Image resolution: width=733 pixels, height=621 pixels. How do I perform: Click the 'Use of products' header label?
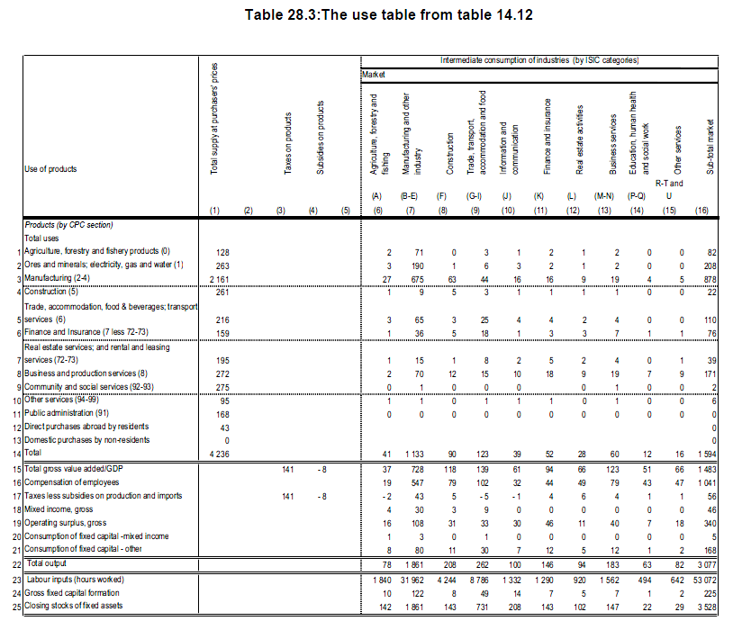click(x=51, y=168)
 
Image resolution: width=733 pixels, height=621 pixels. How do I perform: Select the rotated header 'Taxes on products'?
click(x=285, y=144)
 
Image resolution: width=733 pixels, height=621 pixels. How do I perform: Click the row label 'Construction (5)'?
click(x=53, y=292)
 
